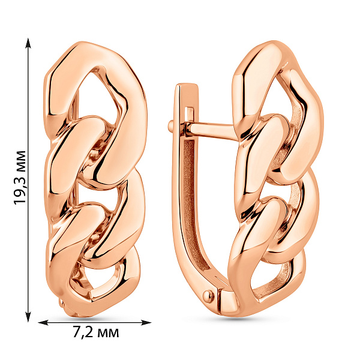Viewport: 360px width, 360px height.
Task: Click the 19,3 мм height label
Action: [20, 178]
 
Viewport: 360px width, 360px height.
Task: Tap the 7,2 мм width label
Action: [96, 332]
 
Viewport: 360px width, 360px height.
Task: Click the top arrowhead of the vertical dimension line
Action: [28, 43]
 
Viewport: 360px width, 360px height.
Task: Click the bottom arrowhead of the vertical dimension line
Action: [28, 316]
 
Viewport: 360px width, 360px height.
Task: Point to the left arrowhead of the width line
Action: [43, 323]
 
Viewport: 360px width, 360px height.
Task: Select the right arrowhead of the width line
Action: [146, 323]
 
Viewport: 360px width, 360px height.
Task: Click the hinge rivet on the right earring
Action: [209, 295]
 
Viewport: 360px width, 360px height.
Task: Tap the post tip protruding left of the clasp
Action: [171, 127]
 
